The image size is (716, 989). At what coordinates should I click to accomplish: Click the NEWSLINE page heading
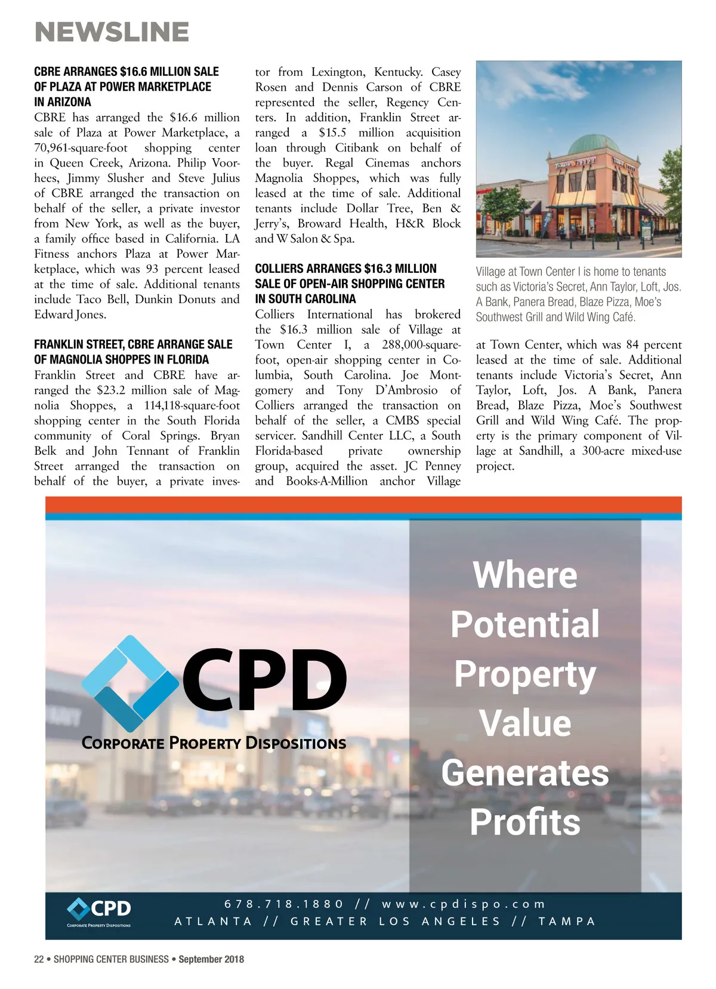(x=112, y=32)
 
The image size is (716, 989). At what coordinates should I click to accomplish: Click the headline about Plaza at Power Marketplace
(x=126, y=87)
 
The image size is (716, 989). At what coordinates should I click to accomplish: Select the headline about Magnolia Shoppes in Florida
(x=133, y=352)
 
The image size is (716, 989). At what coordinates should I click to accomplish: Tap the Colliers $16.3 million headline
(x=350, y=284)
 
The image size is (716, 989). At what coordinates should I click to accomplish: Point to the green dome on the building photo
(x=594, y=144)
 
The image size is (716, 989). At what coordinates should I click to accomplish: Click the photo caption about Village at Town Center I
(x=578, y=294)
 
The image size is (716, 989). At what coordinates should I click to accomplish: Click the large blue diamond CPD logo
(x=129, y=683)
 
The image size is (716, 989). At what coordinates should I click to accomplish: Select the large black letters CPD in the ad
(x=264, y=680)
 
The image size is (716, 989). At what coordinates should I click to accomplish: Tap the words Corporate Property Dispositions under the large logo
(x=214, y=743)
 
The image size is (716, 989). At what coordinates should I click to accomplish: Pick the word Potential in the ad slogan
(x=525, y=624)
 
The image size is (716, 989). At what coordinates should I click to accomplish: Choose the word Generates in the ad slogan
(x=525, y=772)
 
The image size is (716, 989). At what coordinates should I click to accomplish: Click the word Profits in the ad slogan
(x=525, y=822)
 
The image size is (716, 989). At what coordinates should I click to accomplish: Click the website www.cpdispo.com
(x=464, y=904)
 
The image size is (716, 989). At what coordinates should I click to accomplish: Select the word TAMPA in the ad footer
(x=567, y=921)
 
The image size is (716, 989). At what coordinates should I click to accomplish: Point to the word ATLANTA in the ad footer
(x=213, y=921)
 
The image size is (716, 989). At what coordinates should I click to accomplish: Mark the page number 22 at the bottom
(x=39, y=959)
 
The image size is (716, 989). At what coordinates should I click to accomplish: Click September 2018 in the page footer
(x=211, y=959)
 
